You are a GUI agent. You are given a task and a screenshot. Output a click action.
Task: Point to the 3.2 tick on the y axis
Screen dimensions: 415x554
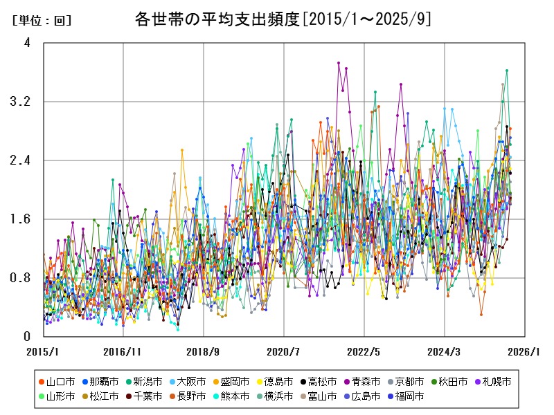click(22, 102)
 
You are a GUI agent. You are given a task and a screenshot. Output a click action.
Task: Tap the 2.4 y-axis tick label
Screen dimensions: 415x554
click(22, 160)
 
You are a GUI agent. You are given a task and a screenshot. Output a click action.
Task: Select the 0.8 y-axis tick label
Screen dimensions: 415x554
click(22, 278)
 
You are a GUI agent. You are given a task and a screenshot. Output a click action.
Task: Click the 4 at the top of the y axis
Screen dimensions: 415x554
click(27, 43)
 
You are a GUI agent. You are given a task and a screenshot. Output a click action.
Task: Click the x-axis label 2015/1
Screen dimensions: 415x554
click(43, 351)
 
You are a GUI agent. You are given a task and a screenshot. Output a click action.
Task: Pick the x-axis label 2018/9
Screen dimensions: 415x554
click(204, 351)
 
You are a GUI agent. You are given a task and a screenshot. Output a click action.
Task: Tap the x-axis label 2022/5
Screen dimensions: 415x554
click(364, 351)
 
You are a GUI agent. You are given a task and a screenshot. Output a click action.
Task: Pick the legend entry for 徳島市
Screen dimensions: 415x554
click(278, 381)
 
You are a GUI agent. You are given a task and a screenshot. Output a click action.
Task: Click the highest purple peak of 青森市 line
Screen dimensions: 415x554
click(339, 63)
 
